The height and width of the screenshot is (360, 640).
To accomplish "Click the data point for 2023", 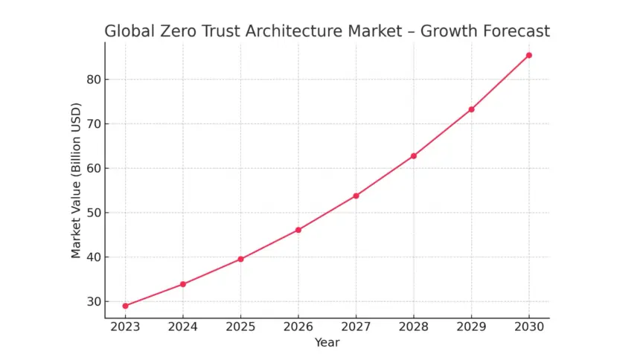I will (x=125, y=306).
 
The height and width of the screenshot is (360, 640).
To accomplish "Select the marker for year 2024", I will (x=183, y=284).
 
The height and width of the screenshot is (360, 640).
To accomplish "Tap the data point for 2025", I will (x=240, y=259).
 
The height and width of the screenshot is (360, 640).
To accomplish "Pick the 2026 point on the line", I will (x=298, y=230).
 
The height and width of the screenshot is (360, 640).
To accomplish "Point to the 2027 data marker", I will (x=356, y=196).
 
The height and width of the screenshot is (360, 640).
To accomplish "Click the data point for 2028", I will (x=414, y=155).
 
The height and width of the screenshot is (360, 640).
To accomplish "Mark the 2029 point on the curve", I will (x=471, y=109).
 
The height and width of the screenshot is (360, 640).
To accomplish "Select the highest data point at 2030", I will (x=529, y=55).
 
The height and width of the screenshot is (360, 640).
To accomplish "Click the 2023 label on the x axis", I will (x=125, y=328).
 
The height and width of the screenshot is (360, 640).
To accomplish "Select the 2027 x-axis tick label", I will (x=356, y=328).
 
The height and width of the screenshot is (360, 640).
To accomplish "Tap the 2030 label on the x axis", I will (x=529, y=328).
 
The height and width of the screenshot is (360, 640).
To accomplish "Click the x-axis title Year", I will (x=327, y=342).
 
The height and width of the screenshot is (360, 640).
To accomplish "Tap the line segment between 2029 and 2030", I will (x=500, y=83).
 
